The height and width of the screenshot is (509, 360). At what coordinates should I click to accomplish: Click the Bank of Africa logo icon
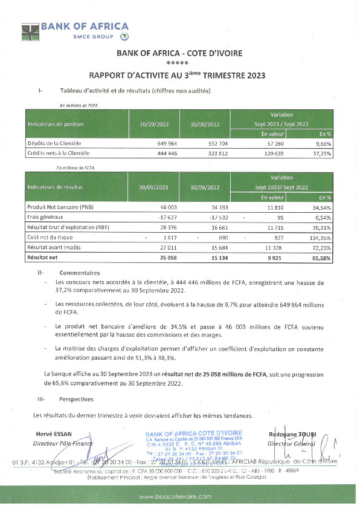[x=30, y=31]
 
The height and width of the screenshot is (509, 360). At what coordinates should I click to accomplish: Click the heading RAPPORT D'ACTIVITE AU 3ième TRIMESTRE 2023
[x=177, y=76]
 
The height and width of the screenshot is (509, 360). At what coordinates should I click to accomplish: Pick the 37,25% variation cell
[x=323, y=154]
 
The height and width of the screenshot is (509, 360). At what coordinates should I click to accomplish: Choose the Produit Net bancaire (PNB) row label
[x=62, y=207]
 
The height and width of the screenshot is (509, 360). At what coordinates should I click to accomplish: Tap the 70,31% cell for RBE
[x=323, y=229]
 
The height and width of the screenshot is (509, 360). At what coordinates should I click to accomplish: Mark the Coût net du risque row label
[x=50, y=238]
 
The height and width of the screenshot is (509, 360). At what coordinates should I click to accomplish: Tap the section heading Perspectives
[x=76, y=399]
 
